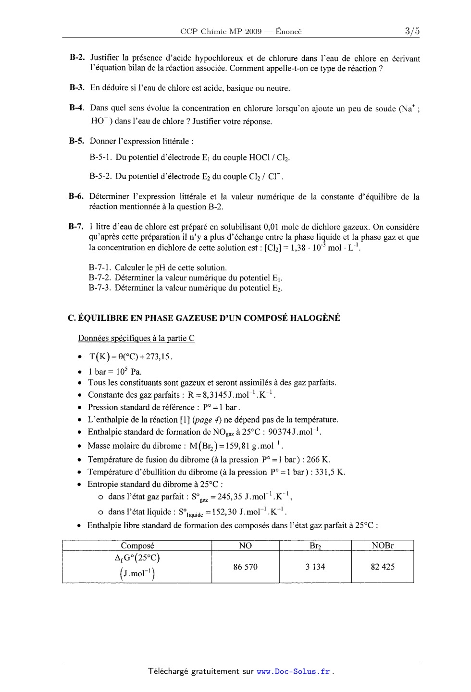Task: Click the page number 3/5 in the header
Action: pyautogui.click(x=412, y=32)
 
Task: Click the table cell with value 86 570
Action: pyautogui.click(x=245, y=567)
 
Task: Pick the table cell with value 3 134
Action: pyautogui.click(x=315, y=567)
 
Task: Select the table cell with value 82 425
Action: pyautogui.click(x=383, y=567)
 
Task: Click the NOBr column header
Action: pyautogui.click(x=383, y=546)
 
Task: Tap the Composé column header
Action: pyautogui.click(x=137, y=546)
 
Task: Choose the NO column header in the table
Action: pyautogui.click(x=245, y=546)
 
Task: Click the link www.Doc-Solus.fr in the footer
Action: pyautogui.click(x=293, y=672)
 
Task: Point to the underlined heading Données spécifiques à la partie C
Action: pyautogui.click(x=136, y=338)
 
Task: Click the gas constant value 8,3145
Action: pyautogui.click(x=210, y=395)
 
